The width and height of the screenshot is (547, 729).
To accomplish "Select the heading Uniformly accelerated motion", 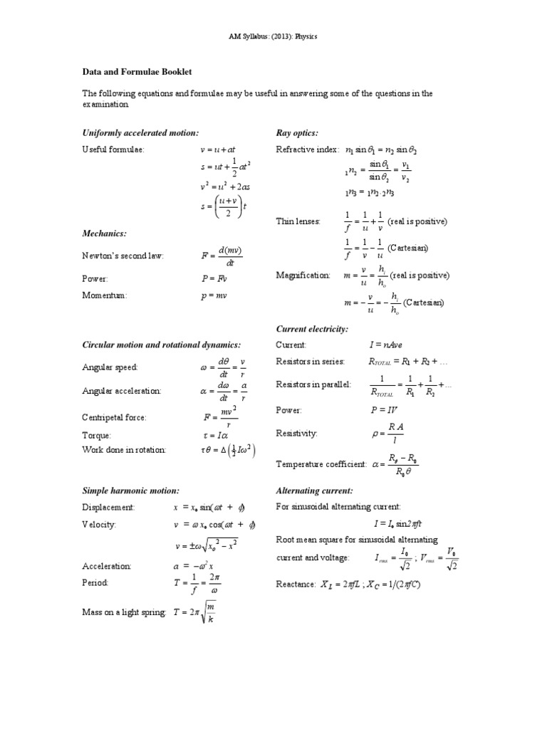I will (140, 133).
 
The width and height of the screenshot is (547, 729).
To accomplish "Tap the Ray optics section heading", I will (296, 133).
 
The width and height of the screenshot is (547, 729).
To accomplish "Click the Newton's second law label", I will (123, 256).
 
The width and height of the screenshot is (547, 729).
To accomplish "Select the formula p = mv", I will (213, 295).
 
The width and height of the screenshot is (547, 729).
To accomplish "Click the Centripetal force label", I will (114, 417).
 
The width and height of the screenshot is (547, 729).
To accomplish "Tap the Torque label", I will (97, 435).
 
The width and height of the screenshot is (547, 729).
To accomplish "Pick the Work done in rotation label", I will (124, 449).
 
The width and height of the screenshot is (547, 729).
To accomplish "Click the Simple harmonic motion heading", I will (131, 491).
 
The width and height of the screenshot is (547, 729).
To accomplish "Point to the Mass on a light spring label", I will (125, 612).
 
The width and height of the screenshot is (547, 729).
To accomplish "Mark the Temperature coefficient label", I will (321, 464).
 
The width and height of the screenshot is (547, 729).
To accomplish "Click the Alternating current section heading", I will (314, 491).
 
